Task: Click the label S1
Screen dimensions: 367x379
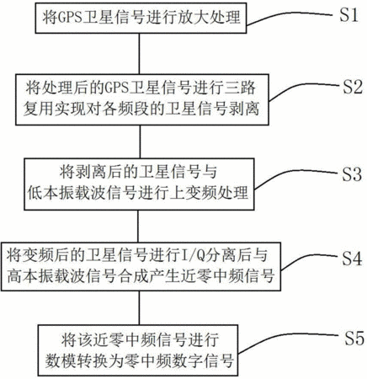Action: [348, 14]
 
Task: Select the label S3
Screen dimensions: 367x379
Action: [352, 173]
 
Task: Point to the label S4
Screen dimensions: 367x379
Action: [352, 258]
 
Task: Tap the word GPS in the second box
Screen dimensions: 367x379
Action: [117, 88]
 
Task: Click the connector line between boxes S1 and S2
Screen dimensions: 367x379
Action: [139, 54]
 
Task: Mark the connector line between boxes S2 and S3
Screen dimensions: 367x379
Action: [140, 141]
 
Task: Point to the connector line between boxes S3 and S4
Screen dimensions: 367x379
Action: [138, 227]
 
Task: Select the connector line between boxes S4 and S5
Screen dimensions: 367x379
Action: [139, 308]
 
